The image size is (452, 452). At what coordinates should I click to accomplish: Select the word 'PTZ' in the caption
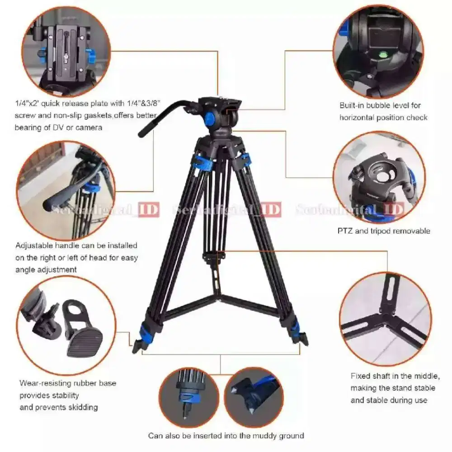(345, 231)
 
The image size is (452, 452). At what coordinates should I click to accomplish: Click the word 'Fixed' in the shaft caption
(360, 376)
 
